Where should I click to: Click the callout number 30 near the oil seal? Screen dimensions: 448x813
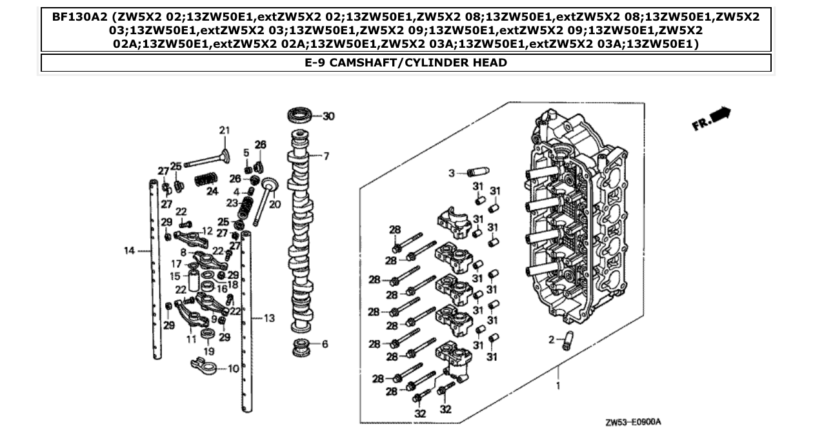coord(328,116)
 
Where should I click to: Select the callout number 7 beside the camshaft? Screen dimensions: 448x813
coord(326,156)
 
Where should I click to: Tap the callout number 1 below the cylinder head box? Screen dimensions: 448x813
coord(558,387)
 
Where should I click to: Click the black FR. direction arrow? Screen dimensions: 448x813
coord(721,115)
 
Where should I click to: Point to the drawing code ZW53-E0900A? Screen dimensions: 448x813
coord(633,423)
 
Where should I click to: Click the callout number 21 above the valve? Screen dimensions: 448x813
coord(224,131)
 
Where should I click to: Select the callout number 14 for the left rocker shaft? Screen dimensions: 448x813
coord(129,250)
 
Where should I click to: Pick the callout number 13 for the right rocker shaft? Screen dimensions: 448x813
coord(269,318)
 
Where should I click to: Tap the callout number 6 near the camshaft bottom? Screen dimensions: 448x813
coord(325,344)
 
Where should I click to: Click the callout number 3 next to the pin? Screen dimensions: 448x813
coord(452,172)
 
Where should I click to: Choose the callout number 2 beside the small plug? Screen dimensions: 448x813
coord(552,340)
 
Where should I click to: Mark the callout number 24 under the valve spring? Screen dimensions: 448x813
coord(212,191)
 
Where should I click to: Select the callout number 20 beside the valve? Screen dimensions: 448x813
coord(275,205)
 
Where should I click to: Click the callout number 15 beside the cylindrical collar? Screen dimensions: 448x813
coord(175,276)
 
